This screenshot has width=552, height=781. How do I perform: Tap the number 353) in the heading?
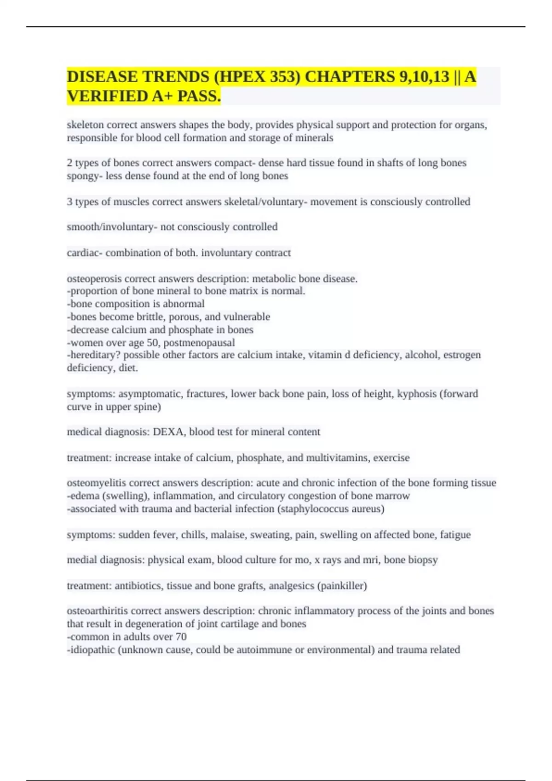283,77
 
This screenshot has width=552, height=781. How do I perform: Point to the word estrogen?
462,355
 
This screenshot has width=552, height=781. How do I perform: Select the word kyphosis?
417,394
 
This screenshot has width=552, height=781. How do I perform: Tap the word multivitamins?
337,458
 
